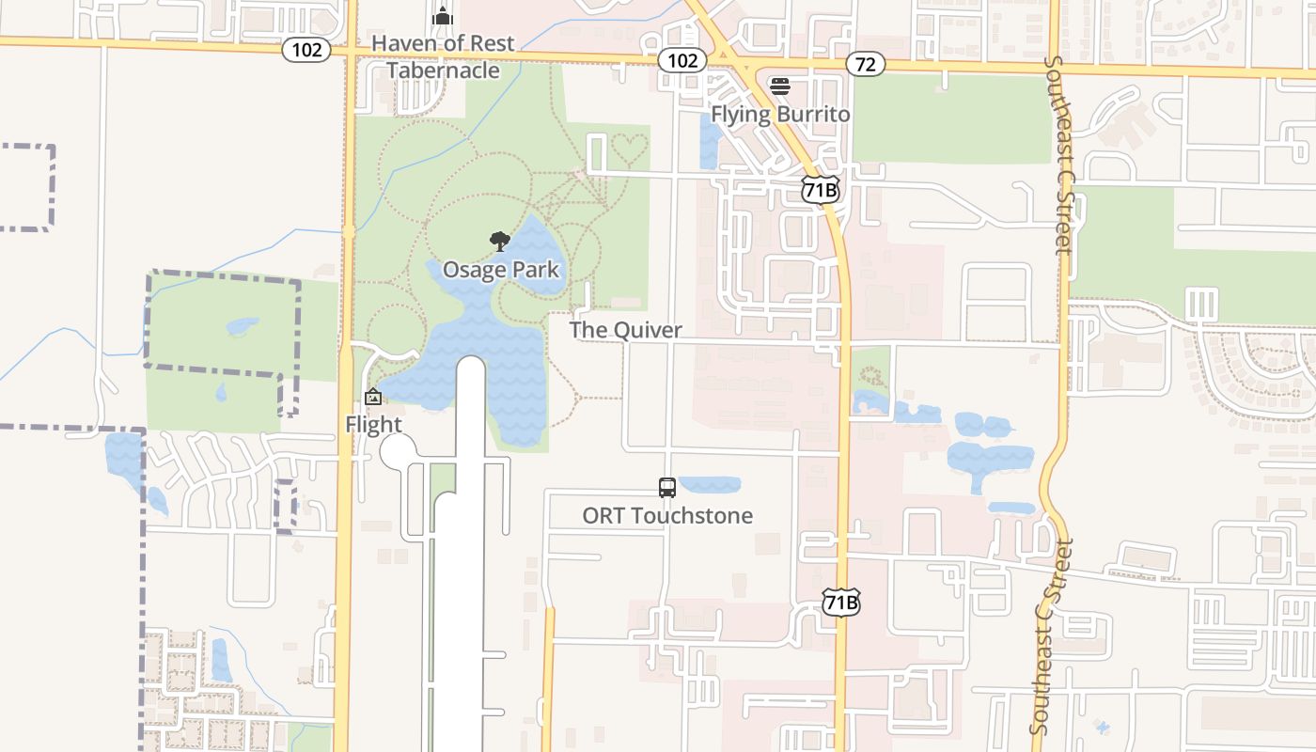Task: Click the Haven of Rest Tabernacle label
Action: [x=443, y=56]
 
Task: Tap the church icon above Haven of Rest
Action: [x=443, y=17]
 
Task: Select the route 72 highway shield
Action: [x=865, y=64]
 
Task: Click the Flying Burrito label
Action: [x=780, y=114]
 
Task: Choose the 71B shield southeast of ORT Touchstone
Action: [x=840, y=603]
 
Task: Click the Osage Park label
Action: [x=500, y=270]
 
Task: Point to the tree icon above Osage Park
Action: [x=500, y=243]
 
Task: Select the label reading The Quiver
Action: [x=625, y=330]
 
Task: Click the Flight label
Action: [x=373, y=424]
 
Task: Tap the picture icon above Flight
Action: [x=373, y=398]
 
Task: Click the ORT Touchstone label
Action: [x=667, y=515]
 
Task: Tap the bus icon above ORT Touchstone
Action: [x=667, y=488]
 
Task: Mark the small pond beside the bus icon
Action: [x=710, y=485]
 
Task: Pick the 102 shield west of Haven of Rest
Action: [x=306, y=50]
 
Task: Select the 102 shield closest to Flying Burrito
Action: [x=681, y=60]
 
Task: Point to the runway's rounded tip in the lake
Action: [x=470, y=368]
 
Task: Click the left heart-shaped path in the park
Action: [x=621, y=148]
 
